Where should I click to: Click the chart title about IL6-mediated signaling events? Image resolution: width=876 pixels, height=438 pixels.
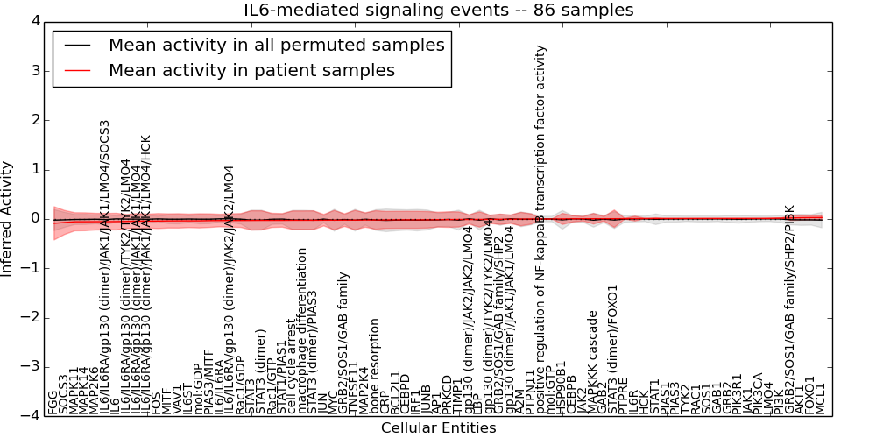point(438,11)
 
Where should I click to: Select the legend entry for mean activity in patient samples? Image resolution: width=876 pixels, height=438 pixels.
point(251,70)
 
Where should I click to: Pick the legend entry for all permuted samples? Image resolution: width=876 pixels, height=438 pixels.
point(276,45)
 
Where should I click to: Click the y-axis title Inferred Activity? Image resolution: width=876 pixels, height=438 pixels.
point(8,218)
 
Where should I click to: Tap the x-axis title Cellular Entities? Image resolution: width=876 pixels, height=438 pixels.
point(438,428)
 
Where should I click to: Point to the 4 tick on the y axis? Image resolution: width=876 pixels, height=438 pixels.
point(34,20)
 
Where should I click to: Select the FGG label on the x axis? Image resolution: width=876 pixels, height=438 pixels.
point(53,402)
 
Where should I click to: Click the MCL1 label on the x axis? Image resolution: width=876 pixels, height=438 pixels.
point(821,399)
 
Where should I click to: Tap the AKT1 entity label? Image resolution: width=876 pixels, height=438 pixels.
point(799,399)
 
